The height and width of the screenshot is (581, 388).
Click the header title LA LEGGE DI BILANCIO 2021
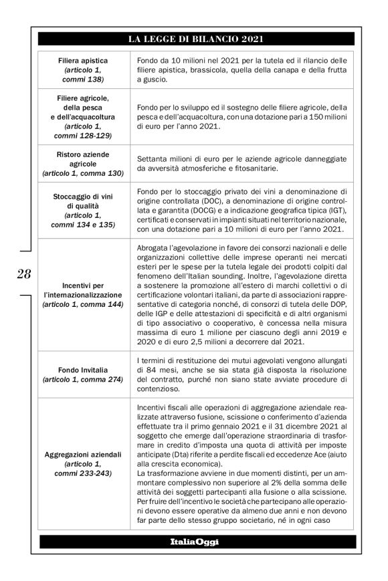coord(193,40)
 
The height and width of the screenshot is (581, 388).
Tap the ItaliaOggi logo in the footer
coord(193,541)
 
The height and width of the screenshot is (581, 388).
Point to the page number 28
coord(24,273)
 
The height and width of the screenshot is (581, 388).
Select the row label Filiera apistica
coord(83,60)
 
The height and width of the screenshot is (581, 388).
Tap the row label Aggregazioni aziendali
coord(83,455)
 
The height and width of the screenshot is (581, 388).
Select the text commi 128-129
coord(83,135)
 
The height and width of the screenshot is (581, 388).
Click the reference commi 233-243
coord(83,473)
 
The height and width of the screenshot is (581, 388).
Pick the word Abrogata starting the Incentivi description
coord(154,249)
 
